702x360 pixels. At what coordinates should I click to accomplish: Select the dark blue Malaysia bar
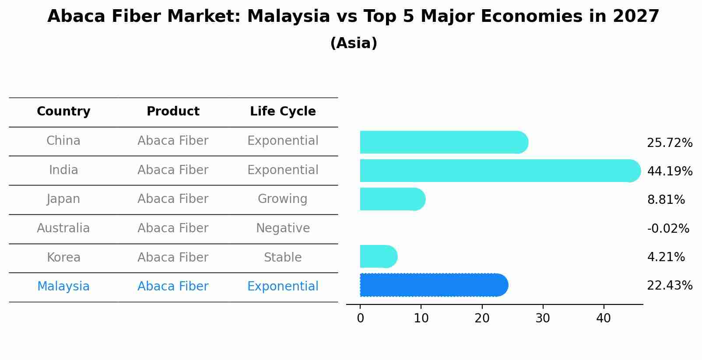[x=433, y=285]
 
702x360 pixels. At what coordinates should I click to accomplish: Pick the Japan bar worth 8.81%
[x=392, y=199]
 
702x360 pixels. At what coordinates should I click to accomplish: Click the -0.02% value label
[x=668, y=228]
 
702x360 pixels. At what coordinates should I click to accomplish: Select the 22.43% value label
[x=670, y=286]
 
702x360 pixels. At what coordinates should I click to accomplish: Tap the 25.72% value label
[x=670, y=143]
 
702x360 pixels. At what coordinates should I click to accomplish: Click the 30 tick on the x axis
[x=543, y=318]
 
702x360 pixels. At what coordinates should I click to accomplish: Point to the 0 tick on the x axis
[x=360, y=318]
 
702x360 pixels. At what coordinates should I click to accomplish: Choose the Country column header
[x=63, y=112]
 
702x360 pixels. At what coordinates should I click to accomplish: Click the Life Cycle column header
[x=283, y=112]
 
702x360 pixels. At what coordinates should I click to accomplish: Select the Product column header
[x=173, y=112]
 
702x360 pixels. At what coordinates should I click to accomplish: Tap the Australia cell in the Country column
[x=63, y=228]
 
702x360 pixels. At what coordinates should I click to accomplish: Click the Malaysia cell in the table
[x=63, y=287]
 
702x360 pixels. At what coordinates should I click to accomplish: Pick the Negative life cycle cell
[x=283, y=228]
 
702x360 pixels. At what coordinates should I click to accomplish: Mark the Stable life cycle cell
[x=283, y=258]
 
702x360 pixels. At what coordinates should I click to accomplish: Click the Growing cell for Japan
[x=283, y=199]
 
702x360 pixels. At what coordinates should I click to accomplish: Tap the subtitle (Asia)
[x=354, y=43]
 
